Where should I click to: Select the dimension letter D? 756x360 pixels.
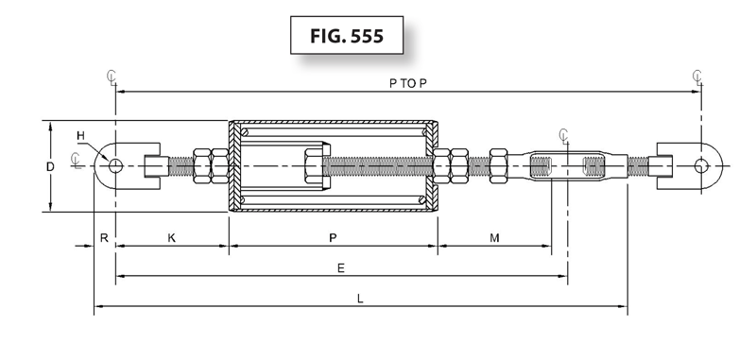pos(50,166)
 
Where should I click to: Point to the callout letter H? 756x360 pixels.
pos(81,136)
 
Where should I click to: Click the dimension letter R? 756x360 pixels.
pos(103,239)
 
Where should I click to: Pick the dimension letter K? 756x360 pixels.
pos(171,239)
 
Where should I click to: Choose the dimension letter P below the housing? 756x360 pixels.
pos(333,239)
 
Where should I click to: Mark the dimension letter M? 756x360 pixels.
pos(494,239)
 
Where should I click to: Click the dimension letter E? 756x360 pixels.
pos(340,268)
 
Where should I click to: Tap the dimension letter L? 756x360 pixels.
pos(360,299)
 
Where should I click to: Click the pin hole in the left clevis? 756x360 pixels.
pos(114,166)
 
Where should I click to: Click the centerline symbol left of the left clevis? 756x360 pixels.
pos(75,160)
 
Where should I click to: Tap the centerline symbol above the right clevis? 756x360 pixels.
pos(698,77)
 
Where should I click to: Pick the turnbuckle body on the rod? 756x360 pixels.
pos(567,167)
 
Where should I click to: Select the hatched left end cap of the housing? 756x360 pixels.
pos(233,167)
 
